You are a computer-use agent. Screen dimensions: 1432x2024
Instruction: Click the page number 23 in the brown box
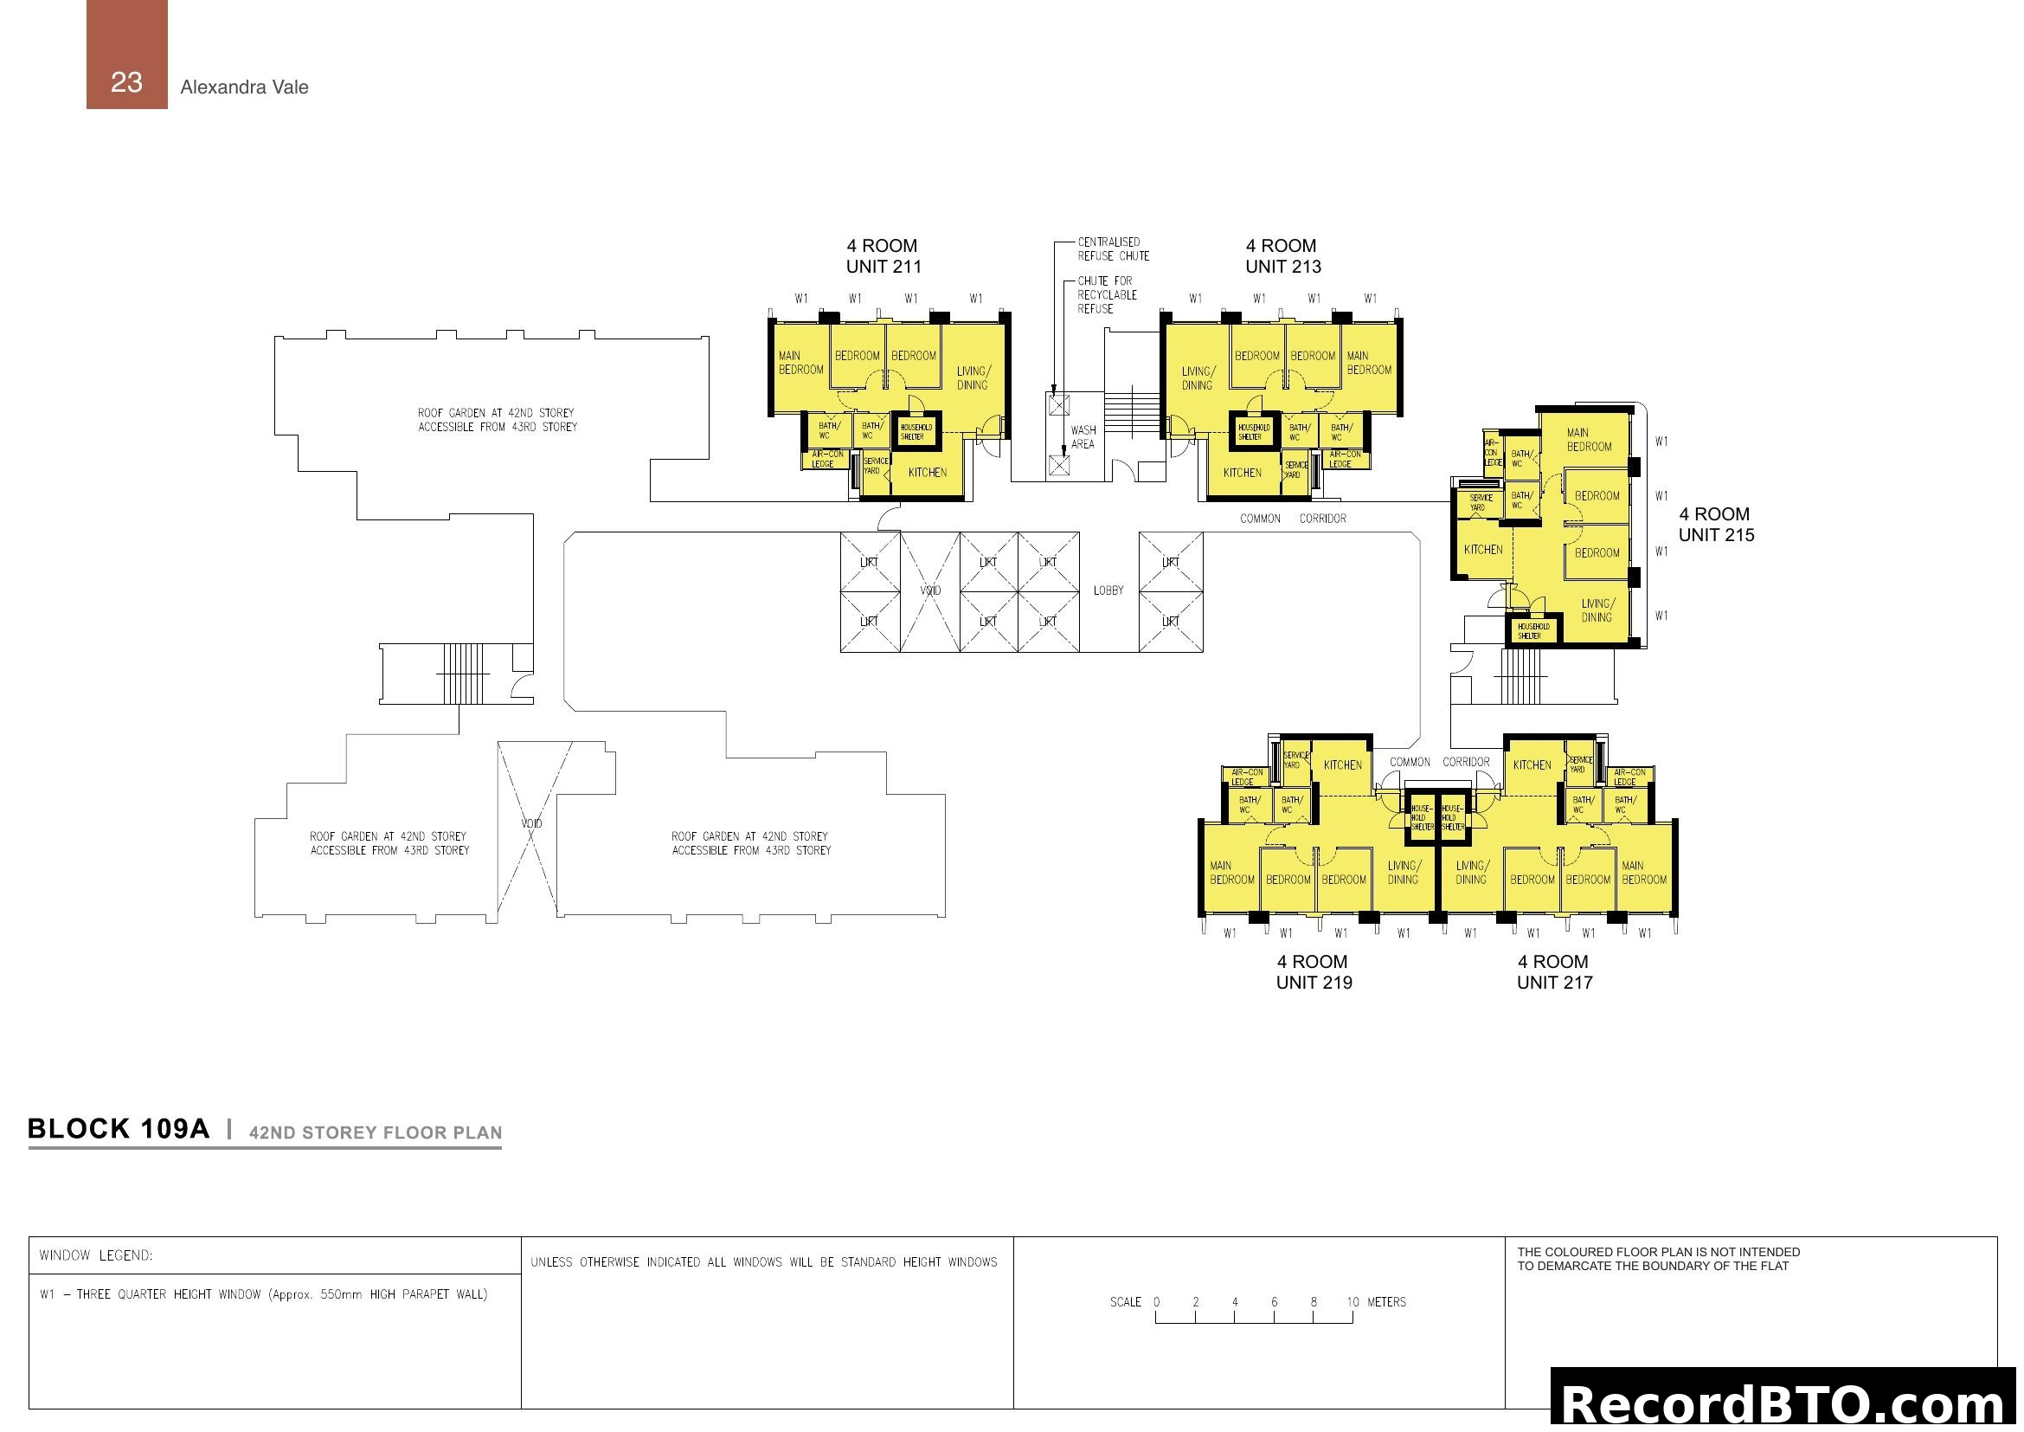126,82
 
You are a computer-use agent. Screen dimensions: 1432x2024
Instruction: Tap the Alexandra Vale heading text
244,87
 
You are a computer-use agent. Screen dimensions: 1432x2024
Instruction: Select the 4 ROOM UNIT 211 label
883,255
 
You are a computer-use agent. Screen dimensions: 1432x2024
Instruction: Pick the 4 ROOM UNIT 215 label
1715,525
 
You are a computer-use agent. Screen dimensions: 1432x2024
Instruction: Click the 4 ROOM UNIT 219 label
1314,971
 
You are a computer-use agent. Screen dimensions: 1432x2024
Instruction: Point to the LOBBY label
1108,590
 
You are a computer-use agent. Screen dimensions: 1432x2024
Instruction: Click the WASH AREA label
1083,437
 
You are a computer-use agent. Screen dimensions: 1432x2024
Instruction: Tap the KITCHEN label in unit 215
1483,551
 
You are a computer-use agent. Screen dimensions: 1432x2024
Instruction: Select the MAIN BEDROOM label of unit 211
800,364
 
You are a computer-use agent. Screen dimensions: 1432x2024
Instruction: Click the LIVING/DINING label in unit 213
1197,378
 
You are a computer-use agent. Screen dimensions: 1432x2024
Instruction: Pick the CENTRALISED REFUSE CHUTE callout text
1113,249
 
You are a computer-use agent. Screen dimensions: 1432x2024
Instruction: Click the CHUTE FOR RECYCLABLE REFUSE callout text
1107,295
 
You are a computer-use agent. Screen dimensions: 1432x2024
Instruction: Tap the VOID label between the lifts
930,590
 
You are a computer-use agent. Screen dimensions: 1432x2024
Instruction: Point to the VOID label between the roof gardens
530,823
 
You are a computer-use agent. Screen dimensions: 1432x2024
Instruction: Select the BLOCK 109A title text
119,1130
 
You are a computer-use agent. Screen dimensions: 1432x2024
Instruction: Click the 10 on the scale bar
1353,1302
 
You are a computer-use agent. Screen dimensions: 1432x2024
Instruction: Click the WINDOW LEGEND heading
96,1255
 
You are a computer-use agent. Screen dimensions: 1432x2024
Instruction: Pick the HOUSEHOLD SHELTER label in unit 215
1533,631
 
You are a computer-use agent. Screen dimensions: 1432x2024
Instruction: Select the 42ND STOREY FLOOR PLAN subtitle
376,1133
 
